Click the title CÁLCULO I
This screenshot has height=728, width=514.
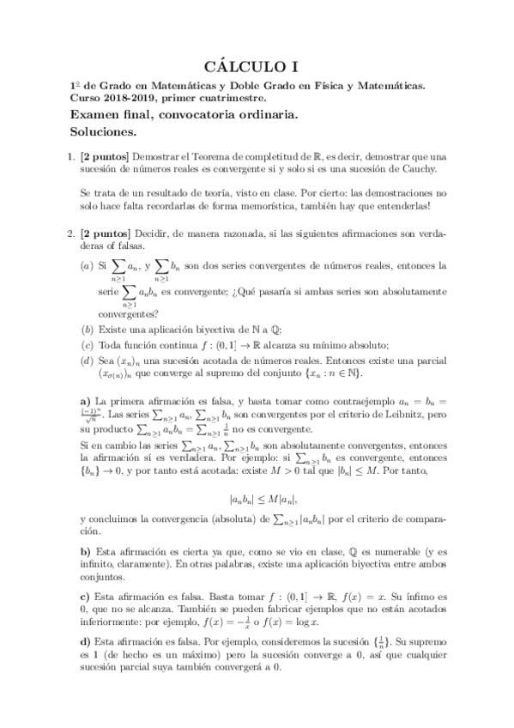click(257, 66)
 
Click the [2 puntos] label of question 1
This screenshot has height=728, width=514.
click(104, 157)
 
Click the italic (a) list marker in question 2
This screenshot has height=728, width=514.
click(87, 267)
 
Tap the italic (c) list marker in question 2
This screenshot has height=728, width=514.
click(87, 345)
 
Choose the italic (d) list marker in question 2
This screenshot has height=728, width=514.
click(87, 361)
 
